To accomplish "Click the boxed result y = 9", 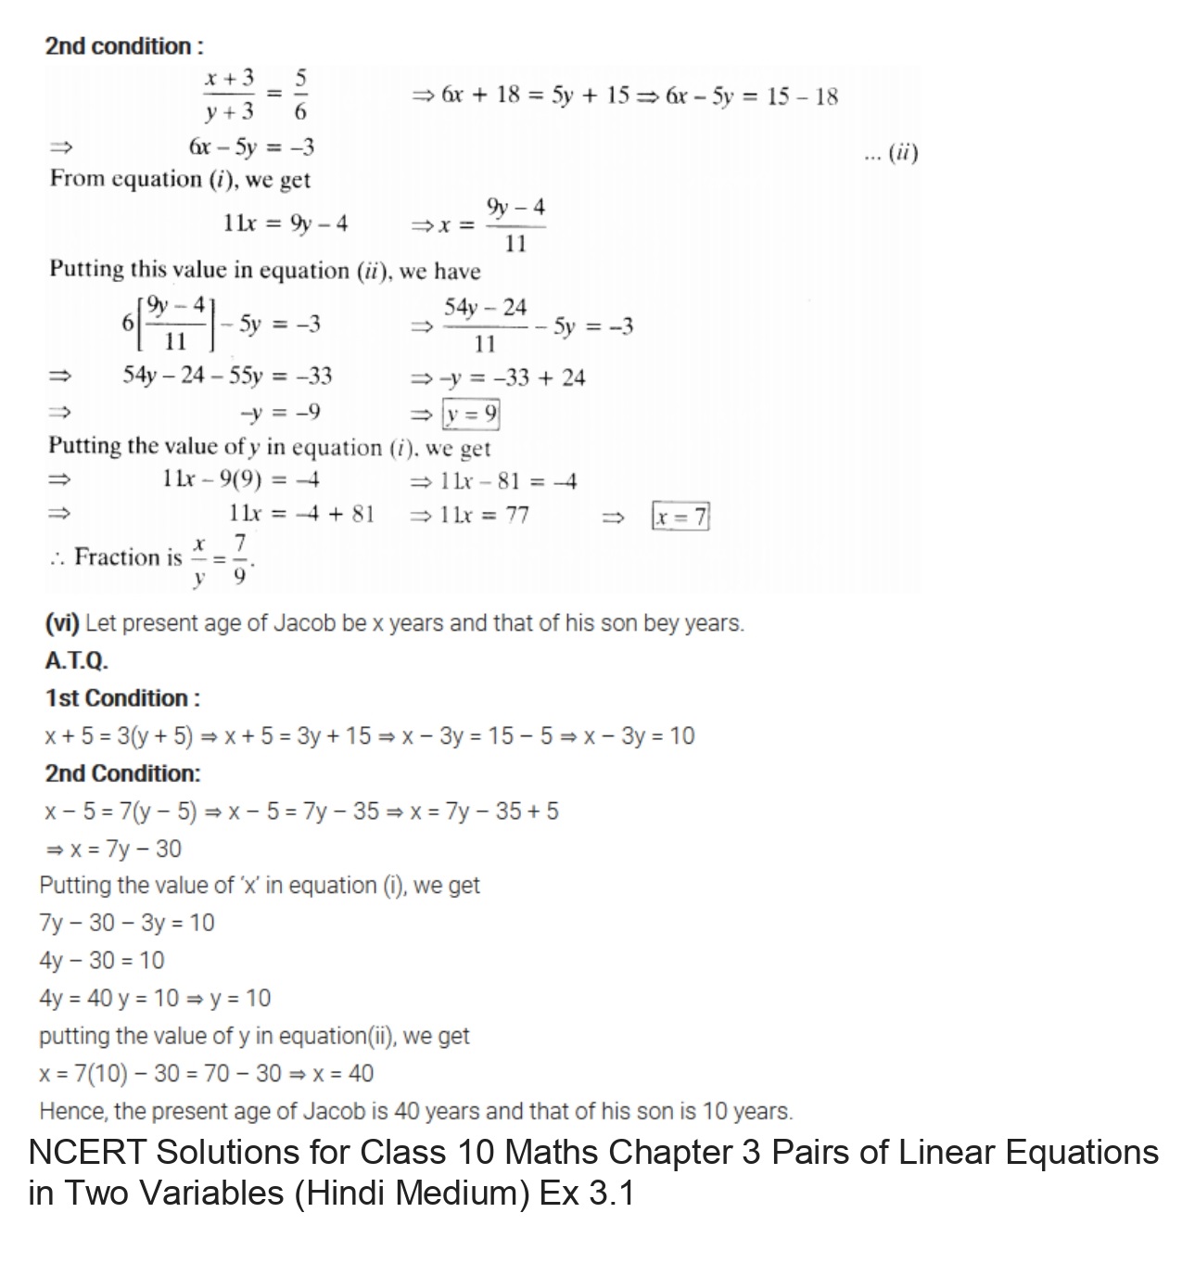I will point(471,414).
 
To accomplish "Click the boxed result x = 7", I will point(681,516).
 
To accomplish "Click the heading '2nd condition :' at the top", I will point(123,46).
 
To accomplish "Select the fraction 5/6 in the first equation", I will point(302,94).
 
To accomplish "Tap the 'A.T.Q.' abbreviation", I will point(76,661).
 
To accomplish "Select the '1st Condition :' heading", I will point(122,698).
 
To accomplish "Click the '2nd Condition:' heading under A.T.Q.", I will point(122,773).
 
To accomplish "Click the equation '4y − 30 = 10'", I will point(102,961).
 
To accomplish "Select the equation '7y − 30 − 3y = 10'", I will point(127,923).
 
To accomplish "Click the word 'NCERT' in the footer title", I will point(87,1153).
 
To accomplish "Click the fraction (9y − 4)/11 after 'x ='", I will point(515,225).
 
